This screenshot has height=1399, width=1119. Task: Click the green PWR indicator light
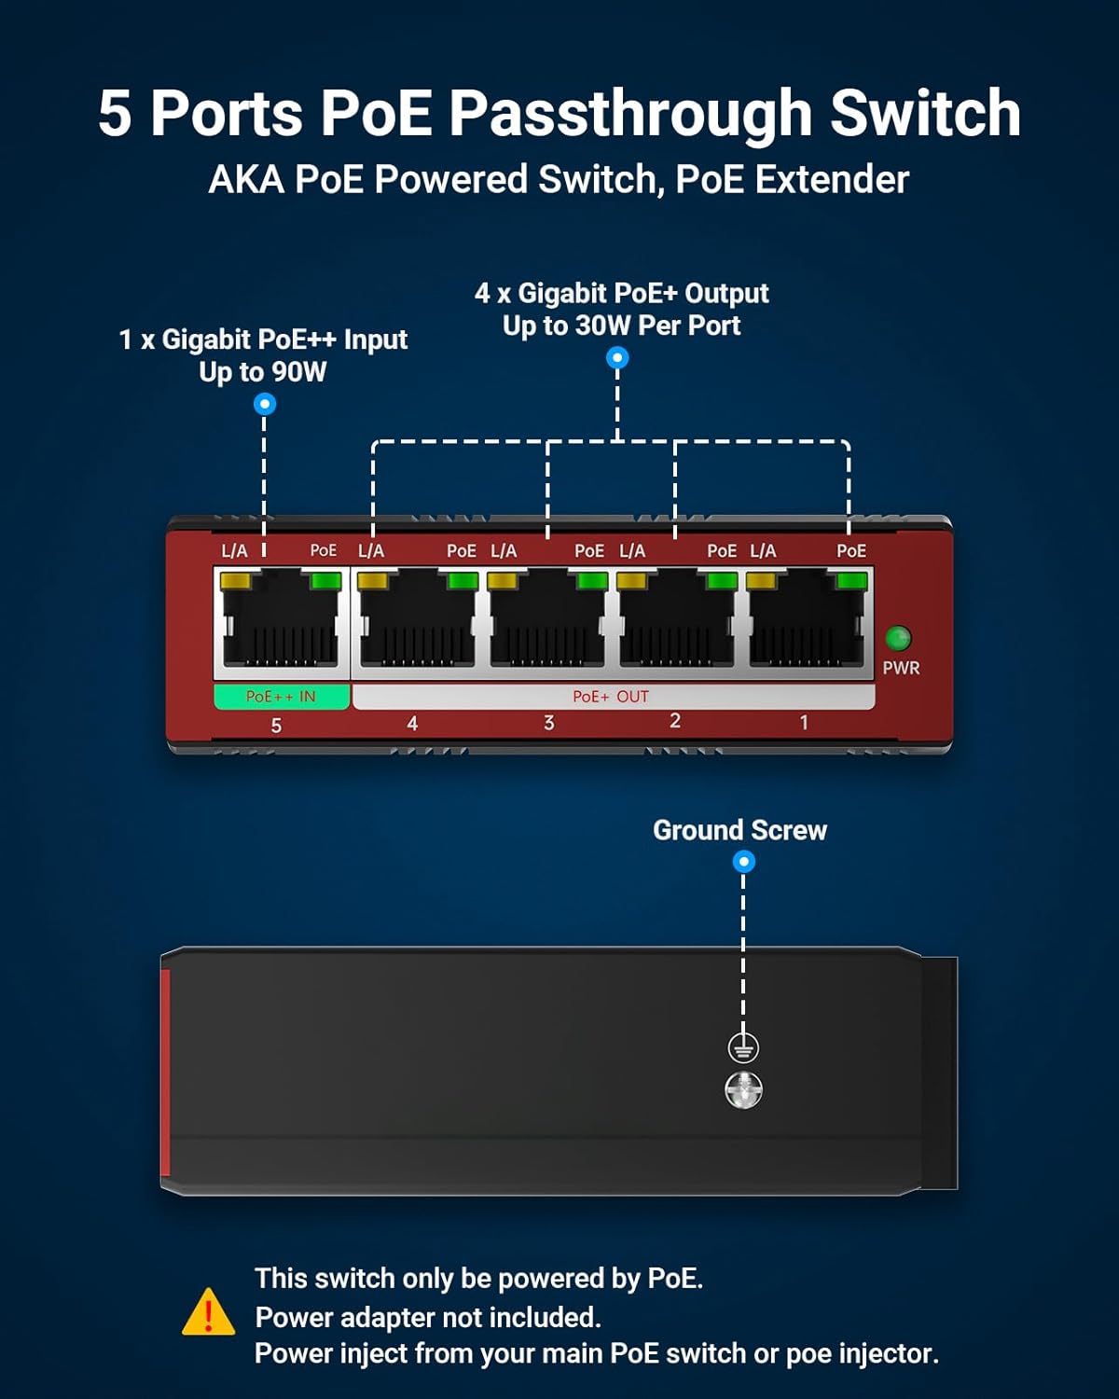[x=897, y=638]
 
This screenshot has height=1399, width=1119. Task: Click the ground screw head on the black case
[x=743, y=1089]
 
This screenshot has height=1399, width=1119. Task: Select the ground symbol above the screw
[x=743, y=1047]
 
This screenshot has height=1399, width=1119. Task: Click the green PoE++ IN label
[x=281, y=697]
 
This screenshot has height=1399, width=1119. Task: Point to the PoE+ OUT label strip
[x=612, y=697]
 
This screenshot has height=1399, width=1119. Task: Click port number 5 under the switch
[x=276, y=726]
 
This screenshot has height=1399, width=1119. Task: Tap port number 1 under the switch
[x=804, y=722]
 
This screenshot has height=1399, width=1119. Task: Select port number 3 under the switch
[x=549, y=723]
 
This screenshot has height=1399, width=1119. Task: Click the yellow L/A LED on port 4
[x=373, y=581]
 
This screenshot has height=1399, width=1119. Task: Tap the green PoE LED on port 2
[x=722, y=581]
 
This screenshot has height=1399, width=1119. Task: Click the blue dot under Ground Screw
[x=743, y=862]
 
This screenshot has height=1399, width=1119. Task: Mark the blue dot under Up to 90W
[x=265, y=404]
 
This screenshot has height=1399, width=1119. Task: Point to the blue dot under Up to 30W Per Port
[x=617, y=357]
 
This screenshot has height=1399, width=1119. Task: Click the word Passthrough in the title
[x=630, y=114]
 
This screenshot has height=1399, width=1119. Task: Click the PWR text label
[x=901, y=668]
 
